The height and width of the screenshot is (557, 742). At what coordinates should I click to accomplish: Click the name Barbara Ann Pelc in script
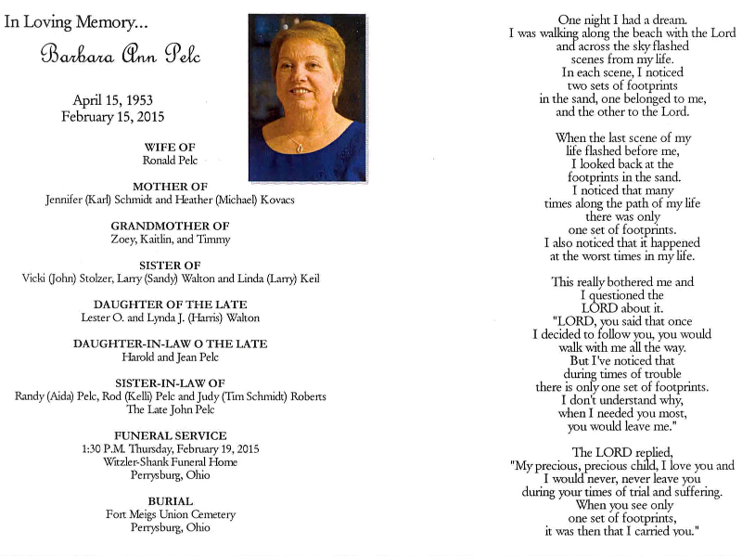pos(121,55)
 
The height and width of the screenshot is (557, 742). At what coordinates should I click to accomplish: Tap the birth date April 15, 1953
pos(112,100)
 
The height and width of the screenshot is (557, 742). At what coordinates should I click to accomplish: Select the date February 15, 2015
pos(112,117)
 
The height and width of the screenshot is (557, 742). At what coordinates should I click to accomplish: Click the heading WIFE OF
pos(170,148)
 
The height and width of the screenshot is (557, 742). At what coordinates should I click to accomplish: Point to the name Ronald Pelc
pos(170,161)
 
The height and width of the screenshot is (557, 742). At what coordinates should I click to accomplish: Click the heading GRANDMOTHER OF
pos(170,226)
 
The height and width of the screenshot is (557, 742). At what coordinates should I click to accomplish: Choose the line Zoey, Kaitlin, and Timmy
pos(170,240)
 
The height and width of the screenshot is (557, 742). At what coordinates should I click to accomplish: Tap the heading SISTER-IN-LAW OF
pos(170,382)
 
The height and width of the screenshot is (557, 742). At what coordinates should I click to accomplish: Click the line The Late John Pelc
pos(170,409)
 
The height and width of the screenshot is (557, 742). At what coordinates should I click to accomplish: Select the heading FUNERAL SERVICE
pos(170,435)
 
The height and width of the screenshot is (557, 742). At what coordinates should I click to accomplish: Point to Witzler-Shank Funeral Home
pos(170,462)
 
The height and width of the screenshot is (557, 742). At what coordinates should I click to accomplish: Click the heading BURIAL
pos(170,501)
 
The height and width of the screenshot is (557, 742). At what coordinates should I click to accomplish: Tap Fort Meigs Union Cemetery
pos(170,514)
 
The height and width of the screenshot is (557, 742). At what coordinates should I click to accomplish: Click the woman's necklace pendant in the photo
pos(298,148)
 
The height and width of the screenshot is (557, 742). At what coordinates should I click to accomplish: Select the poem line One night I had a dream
pos(622,19)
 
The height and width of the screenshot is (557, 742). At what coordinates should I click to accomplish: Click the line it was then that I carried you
pos(621,531)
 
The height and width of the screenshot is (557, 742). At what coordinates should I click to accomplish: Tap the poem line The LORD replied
pos(621,452)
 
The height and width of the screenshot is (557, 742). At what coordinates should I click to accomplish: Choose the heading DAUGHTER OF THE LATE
pos(170,304)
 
